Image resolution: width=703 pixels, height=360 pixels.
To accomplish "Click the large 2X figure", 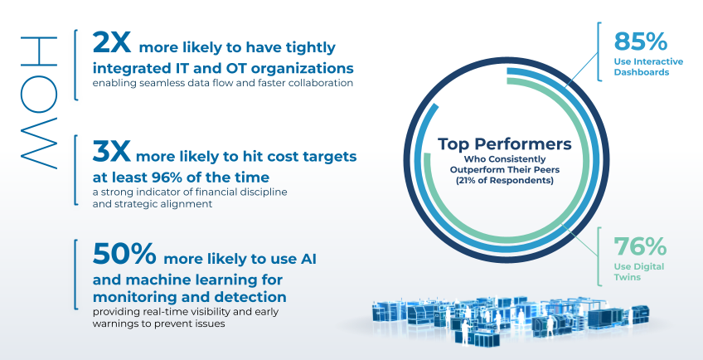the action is (x=112, y=42).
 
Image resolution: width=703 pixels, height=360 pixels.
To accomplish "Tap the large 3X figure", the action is (x=112, y=151).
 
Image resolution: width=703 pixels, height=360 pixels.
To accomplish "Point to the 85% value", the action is (x=640, y=41).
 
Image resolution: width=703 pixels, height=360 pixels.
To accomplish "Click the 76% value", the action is (x=640, y=246).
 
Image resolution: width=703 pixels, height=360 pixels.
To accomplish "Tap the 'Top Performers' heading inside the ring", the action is (x=504, y=144).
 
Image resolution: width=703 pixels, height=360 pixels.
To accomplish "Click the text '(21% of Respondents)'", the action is (x=504, y=181).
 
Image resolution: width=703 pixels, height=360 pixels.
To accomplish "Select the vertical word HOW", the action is (x=39, y=103).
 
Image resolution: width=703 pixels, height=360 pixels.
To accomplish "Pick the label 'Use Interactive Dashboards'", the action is (x=647, y=66).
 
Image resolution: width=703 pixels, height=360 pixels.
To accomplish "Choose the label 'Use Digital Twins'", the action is (x=633, y=271).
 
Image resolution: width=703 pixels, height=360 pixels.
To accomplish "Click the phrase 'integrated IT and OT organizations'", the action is (x=223, y=68).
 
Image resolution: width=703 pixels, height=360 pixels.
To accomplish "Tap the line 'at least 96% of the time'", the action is (x=181, y=178).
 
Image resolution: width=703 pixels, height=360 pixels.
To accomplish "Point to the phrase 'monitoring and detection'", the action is (x=189, y=297).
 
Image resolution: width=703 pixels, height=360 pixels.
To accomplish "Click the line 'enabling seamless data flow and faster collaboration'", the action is (x=222, y=84).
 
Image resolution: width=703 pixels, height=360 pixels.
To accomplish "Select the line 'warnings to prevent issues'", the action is (x=158, y=324).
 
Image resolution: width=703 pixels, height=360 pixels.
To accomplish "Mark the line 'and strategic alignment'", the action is (x=153, y=203).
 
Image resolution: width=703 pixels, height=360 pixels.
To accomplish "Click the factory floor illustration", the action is (x=510, y=318).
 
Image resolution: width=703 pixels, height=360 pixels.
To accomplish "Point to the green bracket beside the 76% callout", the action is (x=599, y=256).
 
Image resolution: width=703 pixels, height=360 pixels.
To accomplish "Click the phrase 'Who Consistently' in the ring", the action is (x=504, y=159).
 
